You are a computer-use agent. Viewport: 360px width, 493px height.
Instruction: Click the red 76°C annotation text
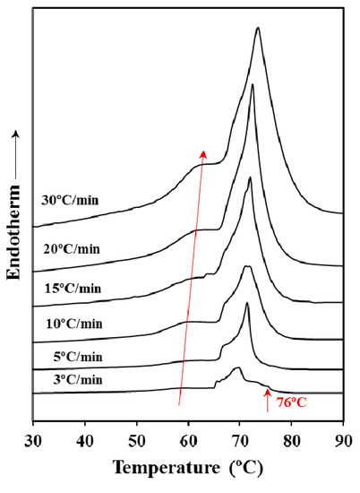tap(292, 402)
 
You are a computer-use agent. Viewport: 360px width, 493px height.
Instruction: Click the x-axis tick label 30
tap(33, 440)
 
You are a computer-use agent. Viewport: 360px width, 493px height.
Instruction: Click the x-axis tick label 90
tap(342, 440)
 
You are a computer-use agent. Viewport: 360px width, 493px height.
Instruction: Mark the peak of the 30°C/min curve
tap(258, 28)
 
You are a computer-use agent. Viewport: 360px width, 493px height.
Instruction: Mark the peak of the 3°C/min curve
tap(237, 368)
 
